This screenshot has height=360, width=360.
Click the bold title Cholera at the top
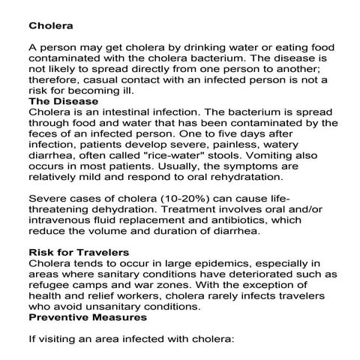(x=49, y=24)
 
